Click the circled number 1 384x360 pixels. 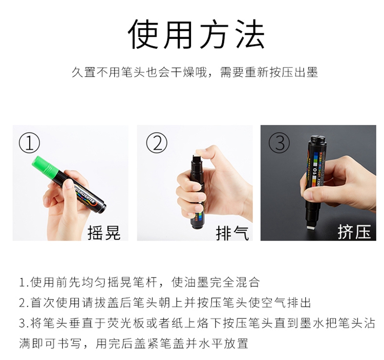(29, 143)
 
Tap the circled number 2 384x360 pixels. (157, 143)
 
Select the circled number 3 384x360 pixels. (280, 143)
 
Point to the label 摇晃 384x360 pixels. (104, 232)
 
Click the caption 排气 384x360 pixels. (232, 233)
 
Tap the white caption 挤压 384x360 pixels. (354, 231)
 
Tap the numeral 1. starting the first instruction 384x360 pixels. (24, 282)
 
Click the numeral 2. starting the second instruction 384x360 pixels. (24, 303)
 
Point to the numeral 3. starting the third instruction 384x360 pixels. (24, 324)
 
